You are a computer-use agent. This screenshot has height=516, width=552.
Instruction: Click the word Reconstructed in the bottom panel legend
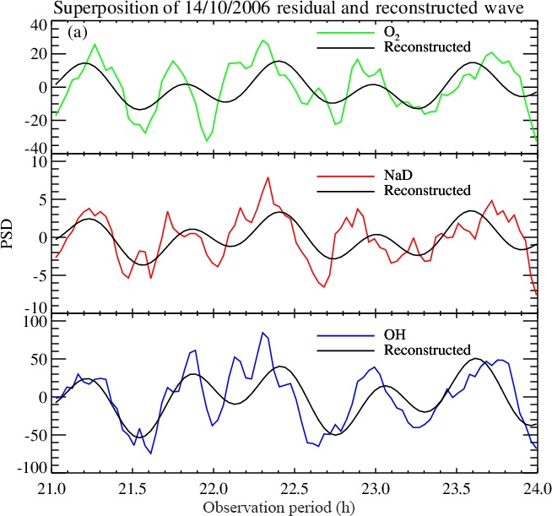[x=426, y=350]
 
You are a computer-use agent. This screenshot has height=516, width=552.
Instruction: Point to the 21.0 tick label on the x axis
[x=53, y=487]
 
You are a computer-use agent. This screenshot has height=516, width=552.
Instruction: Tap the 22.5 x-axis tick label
[x=295, y=487]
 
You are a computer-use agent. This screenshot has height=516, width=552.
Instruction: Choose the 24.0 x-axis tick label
[x=537, y=487]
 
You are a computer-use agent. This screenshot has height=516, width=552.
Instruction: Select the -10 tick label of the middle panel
[x=34, y=308]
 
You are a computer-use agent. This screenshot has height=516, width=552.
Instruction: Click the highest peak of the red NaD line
[x=268, y=177]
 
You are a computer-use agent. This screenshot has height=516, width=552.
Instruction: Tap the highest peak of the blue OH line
[x=262, y=333]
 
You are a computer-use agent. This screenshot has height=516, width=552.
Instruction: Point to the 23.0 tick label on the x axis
[x=376, y=487]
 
